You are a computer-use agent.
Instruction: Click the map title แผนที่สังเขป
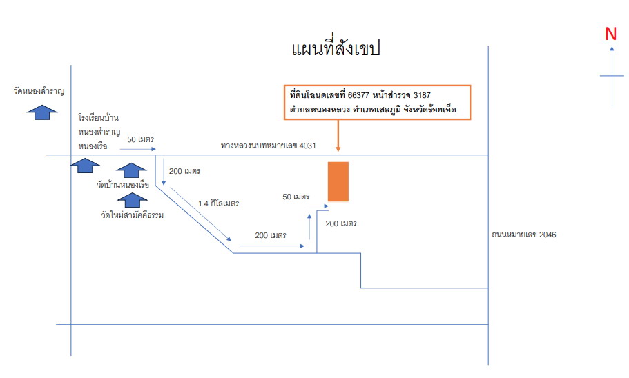pos(336,48)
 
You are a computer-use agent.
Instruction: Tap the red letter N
pos(610,34)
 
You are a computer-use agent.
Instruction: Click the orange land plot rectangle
pos(338,181)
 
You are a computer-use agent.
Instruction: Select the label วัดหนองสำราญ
pos(39,91)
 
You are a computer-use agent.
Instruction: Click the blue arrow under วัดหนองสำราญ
pos(41,112)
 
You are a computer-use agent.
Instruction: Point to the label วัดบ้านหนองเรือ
pos(123,184)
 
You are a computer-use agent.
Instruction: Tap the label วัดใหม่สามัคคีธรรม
pos(133,215)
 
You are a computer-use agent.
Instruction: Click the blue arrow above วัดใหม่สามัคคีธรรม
pos(132,200)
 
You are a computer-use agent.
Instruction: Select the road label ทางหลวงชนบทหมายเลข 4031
pos(269,146)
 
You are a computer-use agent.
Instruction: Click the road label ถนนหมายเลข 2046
pos(524,235)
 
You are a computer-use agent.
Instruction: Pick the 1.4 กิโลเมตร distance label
pos(219,203)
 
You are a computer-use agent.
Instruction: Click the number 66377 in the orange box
pos(358,95)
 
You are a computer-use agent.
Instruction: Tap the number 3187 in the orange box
pos(422,95)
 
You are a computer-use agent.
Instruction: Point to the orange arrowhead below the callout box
pos(338,149)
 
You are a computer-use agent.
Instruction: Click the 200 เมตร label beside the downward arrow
pos(184,171)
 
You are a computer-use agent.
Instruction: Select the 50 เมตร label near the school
pos(140,139)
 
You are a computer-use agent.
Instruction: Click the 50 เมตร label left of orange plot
pos(296,197)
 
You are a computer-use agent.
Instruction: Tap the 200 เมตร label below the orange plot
pos(341,223)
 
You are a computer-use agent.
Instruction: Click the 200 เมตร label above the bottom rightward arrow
pos(271,235)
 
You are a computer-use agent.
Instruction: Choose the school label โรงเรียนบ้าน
pos(99,118)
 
